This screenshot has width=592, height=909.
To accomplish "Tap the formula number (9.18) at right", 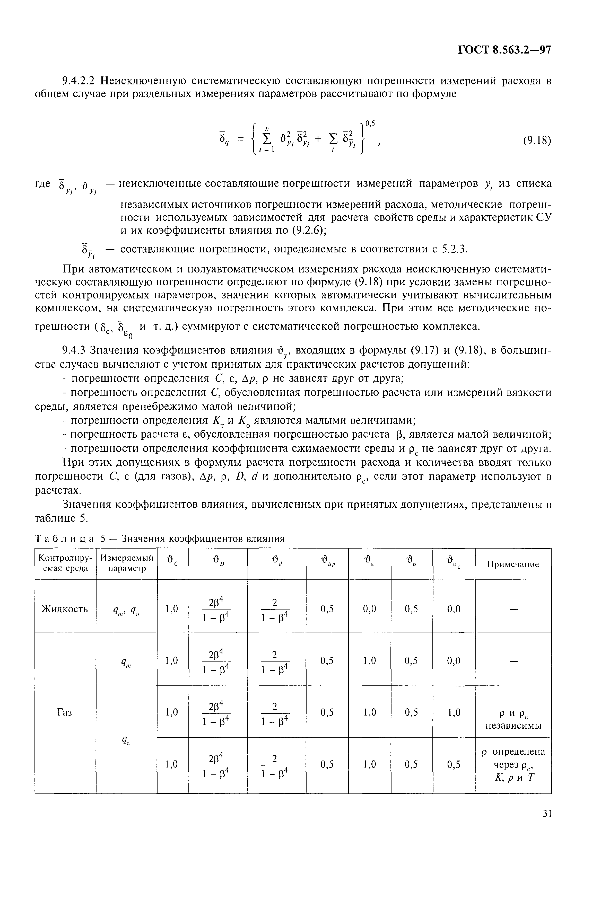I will click(x=537, y=141).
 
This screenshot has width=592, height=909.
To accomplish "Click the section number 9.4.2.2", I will click(x=81, y=81).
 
